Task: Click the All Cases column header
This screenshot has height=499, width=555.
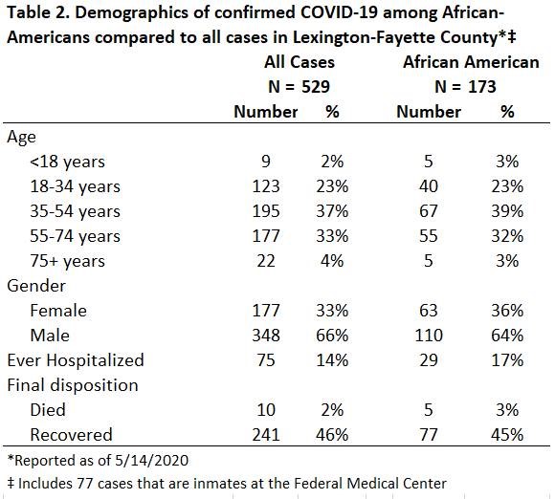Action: [x=300, y=62]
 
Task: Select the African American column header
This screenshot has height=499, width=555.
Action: [x=471, y=62]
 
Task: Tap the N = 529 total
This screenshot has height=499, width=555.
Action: [x=300, y=87]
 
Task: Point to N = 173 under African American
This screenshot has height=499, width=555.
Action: [x=465, y=87]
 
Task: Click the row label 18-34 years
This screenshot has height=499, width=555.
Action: [x=75, y=186]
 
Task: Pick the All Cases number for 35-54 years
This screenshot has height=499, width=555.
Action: [x=266, y=211]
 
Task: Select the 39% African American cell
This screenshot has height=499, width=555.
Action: [x=507, y=211]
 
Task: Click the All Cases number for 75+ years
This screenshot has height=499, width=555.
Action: [x=266, y=261]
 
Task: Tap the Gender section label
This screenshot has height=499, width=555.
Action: [x=36, y=286]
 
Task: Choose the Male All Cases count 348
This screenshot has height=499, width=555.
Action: [x=266, y=336]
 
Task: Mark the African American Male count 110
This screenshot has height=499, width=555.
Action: [x=429, y=336]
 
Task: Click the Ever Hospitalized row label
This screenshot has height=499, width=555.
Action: [x=76, y=360]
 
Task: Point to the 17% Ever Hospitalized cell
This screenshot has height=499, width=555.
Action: [x=507, y=360]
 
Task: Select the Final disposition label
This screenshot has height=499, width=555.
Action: [x=73, y=385]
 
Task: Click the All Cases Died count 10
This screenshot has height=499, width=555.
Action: [x=266, y=410]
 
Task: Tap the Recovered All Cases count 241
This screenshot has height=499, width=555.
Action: [x=266, y=435]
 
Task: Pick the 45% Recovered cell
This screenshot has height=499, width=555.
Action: [x=507, y=435]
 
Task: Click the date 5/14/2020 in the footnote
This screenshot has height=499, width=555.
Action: [x=152, y=461]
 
